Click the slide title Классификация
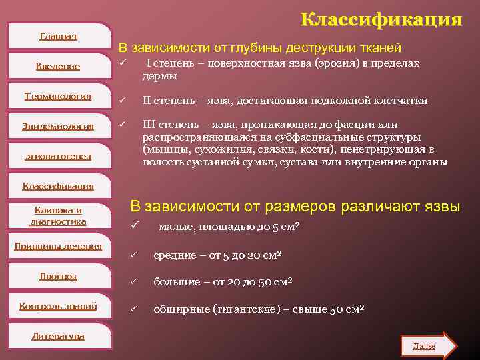[381, 19]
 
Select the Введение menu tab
[58, 66]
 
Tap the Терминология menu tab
[58, 96]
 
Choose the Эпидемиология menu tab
[58, 126]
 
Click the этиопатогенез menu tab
[58, 156]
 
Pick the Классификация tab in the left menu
[58, 186]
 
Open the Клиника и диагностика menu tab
[58, 216]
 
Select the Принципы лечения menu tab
[58, 246]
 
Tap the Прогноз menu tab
[58, 276]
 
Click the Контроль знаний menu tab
[58, 306]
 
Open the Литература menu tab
[58, 336]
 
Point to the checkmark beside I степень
[123, 63]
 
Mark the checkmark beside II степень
[123, 101]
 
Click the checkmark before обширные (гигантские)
[133, 309]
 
